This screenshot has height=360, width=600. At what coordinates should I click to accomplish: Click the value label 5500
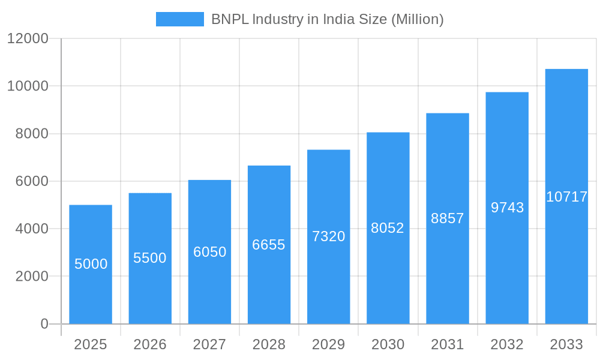tap(150, 258)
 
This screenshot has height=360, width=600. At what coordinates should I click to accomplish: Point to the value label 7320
tap(329, 236)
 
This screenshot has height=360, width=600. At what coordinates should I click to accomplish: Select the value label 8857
tap(448, 218)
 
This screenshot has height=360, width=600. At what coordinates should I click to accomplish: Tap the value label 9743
tap(507, 208)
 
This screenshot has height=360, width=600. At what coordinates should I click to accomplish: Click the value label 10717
tap(566, 197)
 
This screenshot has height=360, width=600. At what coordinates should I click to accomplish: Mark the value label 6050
tap(209, 252)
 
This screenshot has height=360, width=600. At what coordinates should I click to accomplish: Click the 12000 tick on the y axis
tap(28, 39)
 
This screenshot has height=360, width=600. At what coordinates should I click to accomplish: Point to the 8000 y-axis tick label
tap(31, 134)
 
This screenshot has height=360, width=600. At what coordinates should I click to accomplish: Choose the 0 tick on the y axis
tap(44, 324)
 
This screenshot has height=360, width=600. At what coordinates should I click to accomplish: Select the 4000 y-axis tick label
tap(31, 229)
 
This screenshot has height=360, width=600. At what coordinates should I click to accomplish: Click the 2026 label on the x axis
tap(150, 344)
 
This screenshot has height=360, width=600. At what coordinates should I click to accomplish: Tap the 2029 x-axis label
tap(329, 344)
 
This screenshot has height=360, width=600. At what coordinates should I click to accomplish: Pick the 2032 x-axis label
tap(507, 344)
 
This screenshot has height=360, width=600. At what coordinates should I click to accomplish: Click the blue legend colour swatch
tap(179, 19)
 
